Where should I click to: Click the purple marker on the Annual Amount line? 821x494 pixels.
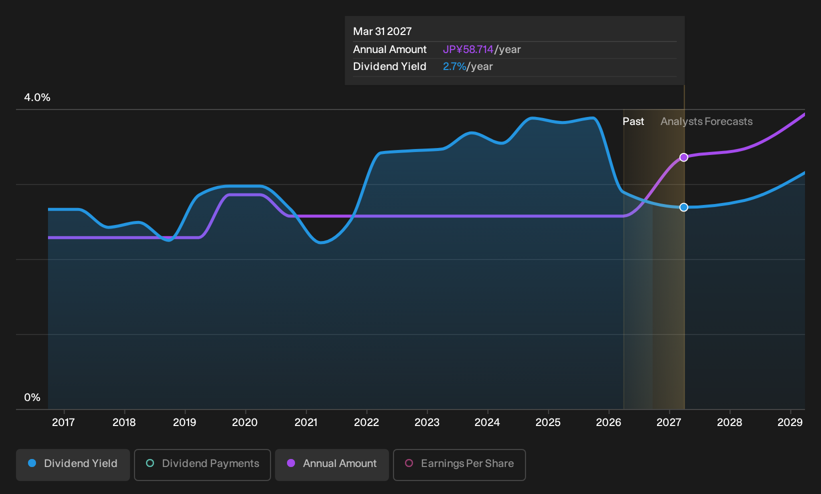tap(683, 157)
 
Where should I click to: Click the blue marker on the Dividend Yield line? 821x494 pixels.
tap(683, 207)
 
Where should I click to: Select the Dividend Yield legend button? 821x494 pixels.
tap(73, 464)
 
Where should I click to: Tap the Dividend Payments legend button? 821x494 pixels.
tap(202, 464)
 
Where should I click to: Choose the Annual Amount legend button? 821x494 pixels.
tap(331, 464)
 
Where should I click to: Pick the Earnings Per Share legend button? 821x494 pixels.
tap(459, 464)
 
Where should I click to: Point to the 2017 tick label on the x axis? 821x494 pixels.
tap(63, 422)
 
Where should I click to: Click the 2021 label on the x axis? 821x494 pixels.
tap(306, 422)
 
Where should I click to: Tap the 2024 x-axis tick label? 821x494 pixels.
tap(487, 422)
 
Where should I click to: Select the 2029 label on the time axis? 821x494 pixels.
tap(790, 422)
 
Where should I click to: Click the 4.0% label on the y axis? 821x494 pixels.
tap(37, 97)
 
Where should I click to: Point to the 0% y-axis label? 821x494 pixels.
tap(32, 397)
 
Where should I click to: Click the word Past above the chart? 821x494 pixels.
tap(633, 121)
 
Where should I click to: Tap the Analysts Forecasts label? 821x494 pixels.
tap(706, 121)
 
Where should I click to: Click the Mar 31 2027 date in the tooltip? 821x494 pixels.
tap(382, 31)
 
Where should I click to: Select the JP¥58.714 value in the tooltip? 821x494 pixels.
tap(468, 49)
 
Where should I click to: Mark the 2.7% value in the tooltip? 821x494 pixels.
tap(454, 66)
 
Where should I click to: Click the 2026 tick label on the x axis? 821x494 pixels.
tap(608, 422)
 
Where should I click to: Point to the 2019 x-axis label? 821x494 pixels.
tap(184, 422)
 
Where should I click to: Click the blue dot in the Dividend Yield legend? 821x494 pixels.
tap(32, 463)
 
